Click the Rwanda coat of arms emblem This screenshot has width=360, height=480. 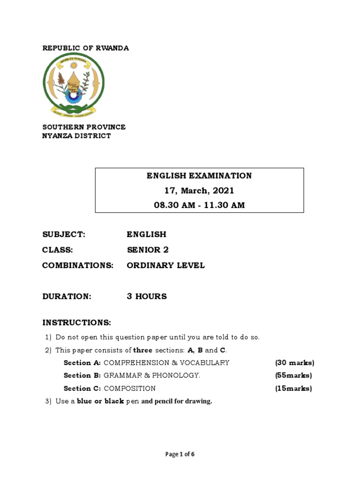pyautogui.click(x=74, y=84)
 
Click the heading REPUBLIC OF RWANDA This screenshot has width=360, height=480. pyautogui.click(x=86, y=48)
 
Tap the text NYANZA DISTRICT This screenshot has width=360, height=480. pyautogui.click(x=77, y=136)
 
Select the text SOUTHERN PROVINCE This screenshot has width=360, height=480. pyautogui.click(x=84, y=127)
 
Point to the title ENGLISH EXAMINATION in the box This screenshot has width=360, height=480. pyautogui.click(x=199, y=176)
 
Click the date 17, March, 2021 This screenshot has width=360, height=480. pyautogui.click(x=199, y=191)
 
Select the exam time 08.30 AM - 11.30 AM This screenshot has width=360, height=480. pyautogui.click(x=199, y=205)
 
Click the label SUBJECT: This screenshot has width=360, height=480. pyautogui.click(x=64, y=234)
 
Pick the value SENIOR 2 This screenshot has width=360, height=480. pyautogui.click(x=148, y=250)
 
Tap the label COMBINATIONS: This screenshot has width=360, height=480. pyautogui.click(x=78, y=265)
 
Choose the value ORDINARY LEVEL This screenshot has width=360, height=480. pyautogui.click(x=165, y=265)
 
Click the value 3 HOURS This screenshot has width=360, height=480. pyautogui.click(x=147, y=296)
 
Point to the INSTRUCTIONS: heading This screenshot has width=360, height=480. pyautogui.click(x=77, y=322)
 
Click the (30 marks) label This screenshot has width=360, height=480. pyautogui.click(x=294, y=362)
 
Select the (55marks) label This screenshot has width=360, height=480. pyautogui.click(x=293, y=375)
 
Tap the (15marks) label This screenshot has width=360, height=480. pyautogui.click(x=293, y=388)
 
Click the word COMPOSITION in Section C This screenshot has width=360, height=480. pyautogui.click(x=130, y=388)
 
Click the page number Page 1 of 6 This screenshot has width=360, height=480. pyautogui.click(x=180, y=454)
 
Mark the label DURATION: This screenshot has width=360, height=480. pyautogui.click(x=67, y=296)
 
